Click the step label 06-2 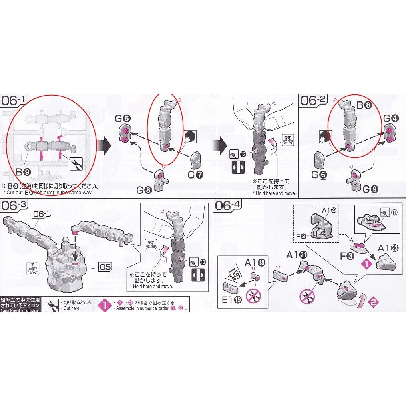coord(314,100)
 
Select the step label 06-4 coord(228,205)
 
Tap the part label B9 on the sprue coord(22,172)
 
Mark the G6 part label coord(319,175)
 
